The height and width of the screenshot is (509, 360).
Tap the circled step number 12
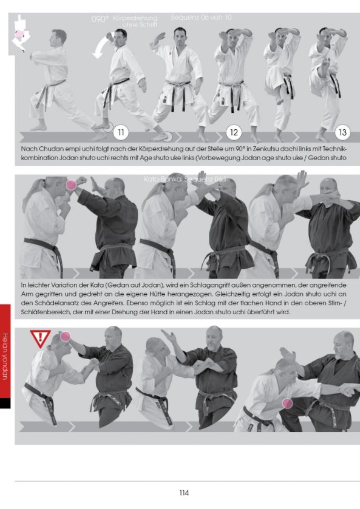(x=233, y=130)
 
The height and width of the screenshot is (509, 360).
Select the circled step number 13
(x=343, y=130)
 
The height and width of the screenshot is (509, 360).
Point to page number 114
(x=184, y=493)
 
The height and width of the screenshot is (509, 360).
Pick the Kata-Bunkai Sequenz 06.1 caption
(x=180, y=179)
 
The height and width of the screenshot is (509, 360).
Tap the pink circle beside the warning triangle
(x=65, y=335)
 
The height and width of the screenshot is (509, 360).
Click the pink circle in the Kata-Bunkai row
(x=71, y=185)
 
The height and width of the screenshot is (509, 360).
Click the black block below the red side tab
(x=5, y=403)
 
